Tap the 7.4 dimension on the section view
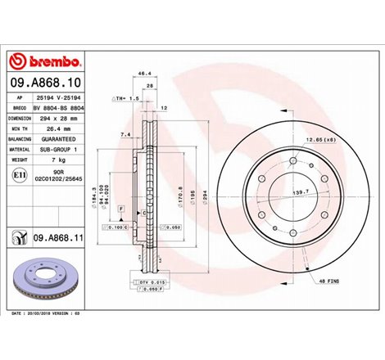click(124, 133)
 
